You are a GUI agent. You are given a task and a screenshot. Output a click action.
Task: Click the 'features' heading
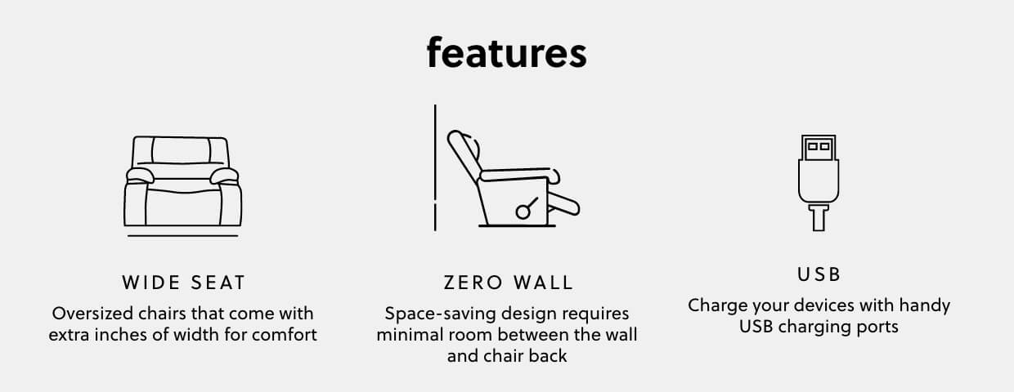pos(506,53)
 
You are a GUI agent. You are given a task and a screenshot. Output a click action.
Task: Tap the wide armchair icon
pos(183,186)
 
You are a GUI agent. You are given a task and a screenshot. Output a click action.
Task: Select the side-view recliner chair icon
pos(514,179)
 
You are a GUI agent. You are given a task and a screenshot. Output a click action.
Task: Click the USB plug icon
pos(819,183)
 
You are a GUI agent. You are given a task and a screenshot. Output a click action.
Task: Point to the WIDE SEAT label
pos(183,283)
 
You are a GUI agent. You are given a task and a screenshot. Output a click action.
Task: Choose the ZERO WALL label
pos(509,283)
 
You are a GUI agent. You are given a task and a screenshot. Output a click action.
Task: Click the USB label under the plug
pos(819,274)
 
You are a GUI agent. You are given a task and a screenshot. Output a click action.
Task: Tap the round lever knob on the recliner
pos(523,212)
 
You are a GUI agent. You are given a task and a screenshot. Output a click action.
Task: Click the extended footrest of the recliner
pos(563,204)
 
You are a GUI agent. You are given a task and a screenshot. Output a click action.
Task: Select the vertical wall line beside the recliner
pos(435,167)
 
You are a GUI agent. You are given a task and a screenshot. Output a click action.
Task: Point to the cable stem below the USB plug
pos(819,218)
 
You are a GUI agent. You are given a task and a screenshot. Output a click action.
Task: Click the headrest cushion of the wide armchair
pos(181,150)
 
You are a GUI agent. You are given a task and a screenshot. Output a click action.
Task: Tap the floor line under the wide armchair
pos(183,235)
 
